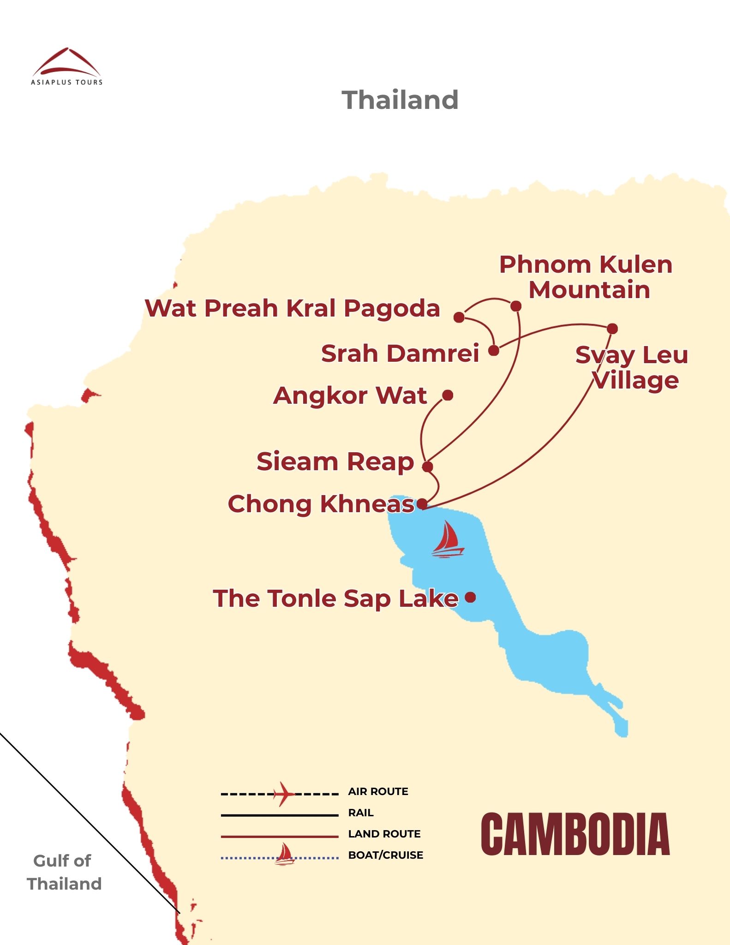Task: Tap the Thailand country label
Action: pos(400,100)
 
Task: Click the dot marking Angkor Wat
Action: pos(448,395)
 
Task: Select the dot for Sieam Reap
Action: pos(428,467)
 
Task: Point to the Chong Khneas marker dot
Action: pos(422,504)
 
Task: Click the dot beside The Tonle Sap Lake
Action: pos(470,598)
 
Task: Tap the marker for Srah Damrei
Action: pos(494,351)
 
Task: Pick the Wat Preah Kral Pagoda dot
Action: pos(459,317)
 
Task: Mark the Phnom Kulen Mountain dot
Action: pos(516,306)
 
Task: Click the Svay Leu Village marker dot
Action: pos(612,329)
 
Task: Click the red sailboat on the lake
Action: pos(448,540)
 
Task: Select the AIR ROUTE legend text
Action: pos(378,792)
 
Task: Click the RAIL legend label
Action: pos(360,813)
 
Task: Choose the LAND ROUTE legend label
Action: pos(384,834)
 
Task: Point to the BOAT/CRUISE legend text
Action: pos(385,855)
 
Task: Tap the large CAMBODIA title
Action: pos(575,834)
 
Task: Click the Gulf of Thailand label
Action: pos(64,872)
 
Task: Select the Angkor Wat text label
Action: pos(350,395)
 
